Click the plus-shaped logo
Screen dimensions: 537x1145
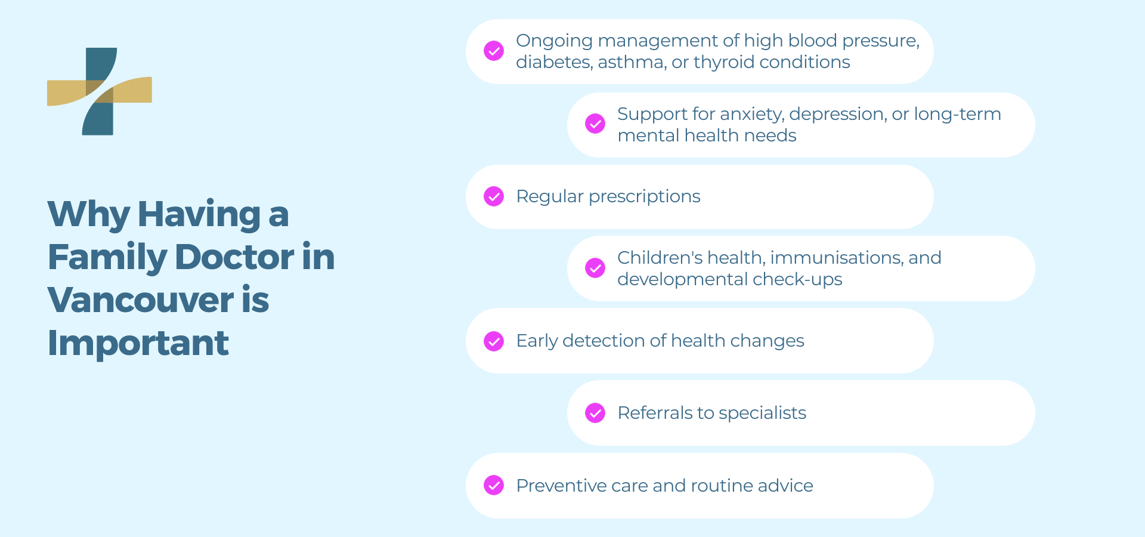pos(100,91)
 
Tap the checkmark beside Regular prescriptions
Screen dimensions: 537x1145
pos(494,196)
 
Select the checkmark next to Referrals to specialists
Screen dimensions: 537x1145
pos(595,413)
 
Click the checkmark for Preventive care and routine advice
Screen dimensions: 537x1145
pos(494,485)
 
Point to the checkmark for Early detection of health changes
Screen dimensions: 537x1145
pos(494,341)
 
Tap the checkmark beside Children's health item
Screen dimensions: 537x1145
pos(595,268)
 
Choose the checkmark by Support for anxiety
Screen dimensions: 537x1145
pos(595,124)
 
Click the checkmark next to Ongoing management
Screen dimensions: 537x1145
pos(494,51)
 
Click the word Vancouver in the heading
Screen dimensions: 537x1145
pos(141,300)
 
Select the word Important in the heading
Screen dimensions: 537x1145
pos(138,343)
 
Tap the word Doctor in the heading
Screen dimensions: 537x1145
pos(234,257)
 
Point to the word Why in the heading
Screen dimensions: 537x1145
pos(88,214)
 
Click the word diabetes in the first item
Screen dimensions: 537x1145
pos(553,62)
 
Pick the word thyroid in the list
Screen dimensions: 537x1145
pos(722,62)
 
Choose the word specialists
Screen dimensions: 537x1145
pos(762,413)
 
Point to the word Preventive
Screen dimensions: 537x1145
pos(561,486)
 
